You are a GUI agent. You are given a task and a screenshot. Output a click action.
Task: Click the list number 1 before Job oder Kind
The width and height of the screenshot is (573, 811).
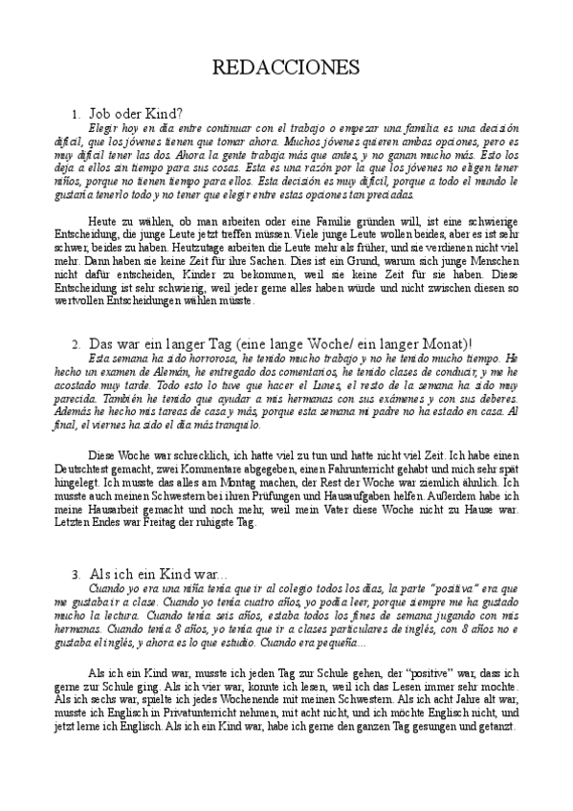coord(75,115)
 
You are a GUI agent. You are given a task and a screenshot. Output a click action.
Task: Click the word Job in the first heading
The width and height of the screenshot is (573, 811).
coord(100,114)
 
